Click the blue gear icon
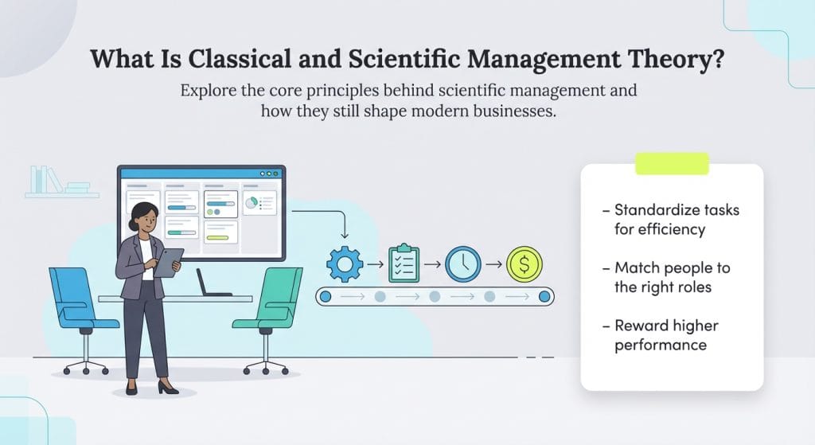(345, 263)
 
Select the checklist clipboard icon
(404, 263)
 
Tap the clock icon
(462, 263)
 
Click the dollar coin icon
(524, 263)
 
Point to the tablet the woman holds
(168, 262)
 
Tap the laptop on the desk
(209, 283)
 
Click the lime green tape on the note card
(671, 164)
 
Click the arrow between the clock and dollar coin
(493, 264)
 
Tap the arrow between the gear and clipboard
(374, 264)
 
